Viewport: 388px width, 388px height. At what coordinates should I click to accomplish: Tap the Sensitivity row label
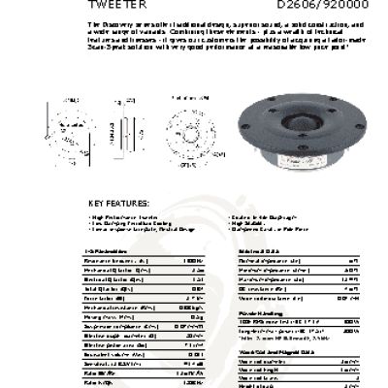[x=108, y=361]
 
